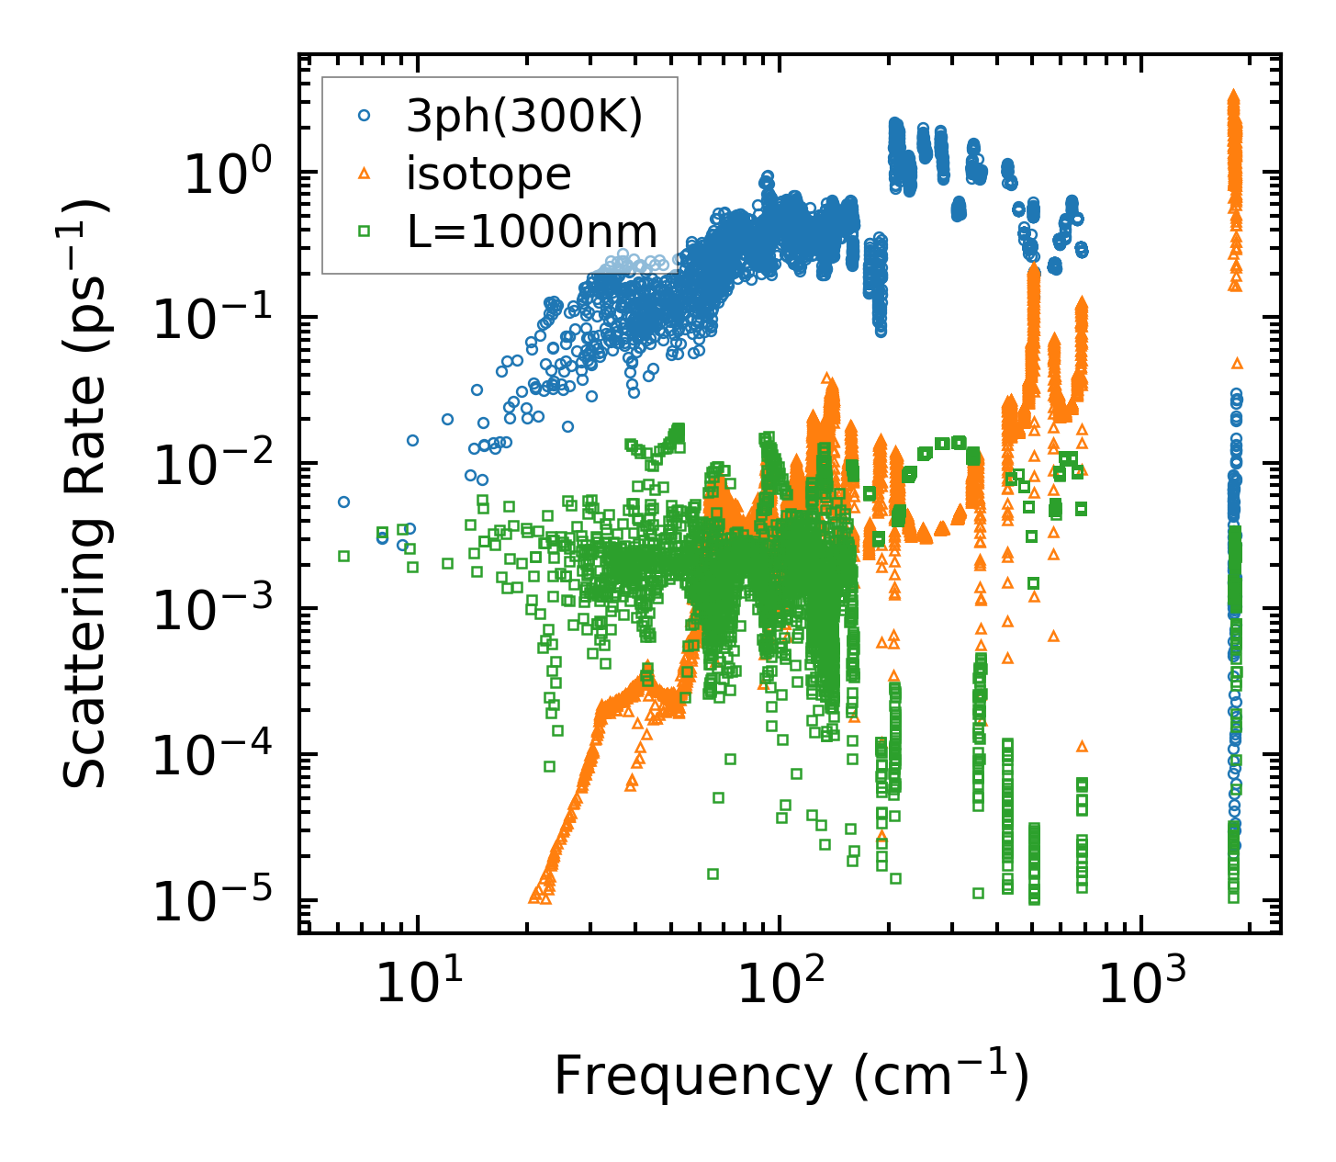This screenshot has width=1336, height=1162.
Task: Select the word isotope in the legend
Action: pyautogui.click(x=488, y=174)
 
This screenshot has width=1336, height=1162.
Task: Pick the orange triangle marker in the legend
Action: pyautogui.click(x=365, y=174)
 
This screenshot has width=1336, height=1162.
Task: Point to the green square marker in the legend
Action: pyautogui.click(x=365, y=231)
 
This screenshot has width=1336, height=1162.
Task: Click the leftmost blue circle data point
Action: pyautogui.click(x=343, y=502)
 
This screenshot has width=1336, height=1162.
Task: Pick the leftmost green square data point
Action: pyautogui.click(x=343, y=556)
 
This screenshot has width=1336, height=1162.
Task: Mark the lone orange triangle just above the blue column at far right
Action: pyautogui.click(x=1237, y=364)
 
